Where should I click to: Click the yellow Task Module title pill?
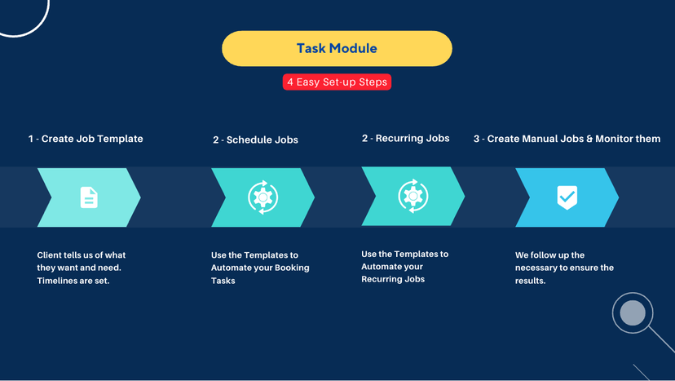pyautogui.click(x=337, y=48)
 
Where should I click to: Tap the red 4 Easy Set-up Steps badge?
pyautogui.click(x=337, y=82)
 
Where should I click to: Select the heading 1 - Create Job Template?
pyautogui.click(x=86, y=139)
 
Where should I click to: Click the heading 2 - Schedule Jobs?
pyautogui.click(x=255, y=140)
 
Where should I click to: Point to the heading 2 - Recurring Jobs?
pyautogui.click(x=405, y=139)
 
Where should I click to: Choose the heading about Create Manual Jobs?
pyautogui.click(x=567, y=139)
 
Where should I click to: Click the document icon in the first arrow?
pyautogui.click(x=89, y=197)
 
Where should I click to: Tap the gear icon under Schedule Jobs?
pyautogui.click(x=263, y=197)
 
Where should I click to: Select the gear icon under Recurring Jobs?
pyautogui.click(x=413, y=196)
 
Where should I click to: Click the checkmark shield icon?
pyautogui.click(x=567, y=197)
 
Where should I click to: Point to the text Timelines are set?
pyautogui.click(x=73, y=281)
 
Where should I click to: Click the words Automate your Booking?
pyautogui.click(x=260, y=268)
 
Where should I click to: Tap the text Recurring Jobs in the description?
pyautogui.click(x=393, y=279)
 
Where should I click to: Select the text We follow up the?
pyautogui.click(x=549, y=255)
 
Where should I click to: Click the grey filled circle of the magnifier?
pyautogui.click(x=633, y=313)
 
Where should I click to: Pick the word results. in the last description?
pyautogui.click(x=531, y=281)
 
